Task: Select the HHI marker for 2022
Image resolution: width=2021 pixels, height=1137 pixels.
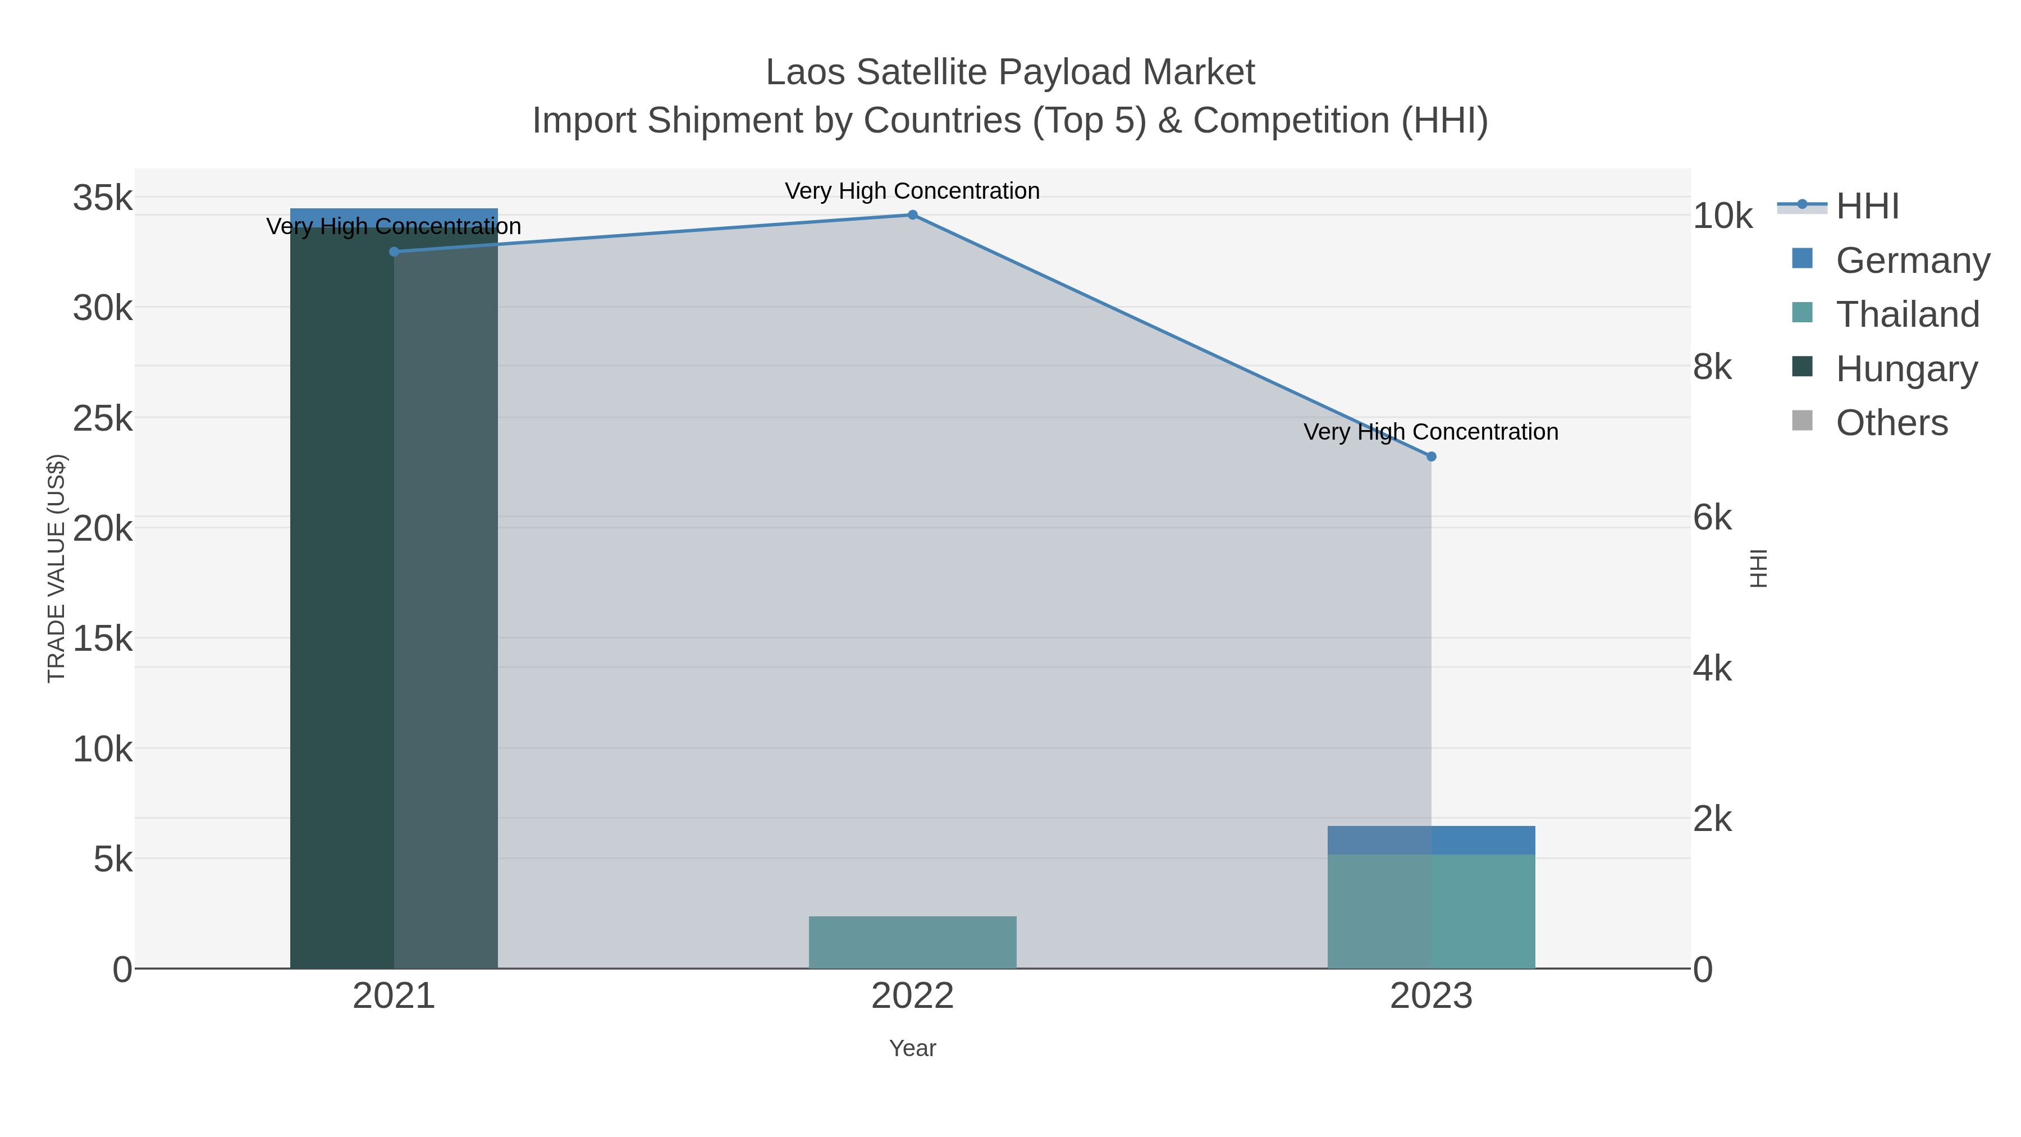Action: (x=912, y=215)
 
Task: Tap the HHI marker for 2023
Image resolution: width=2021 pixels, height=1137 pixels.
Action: (x=1431, y=456)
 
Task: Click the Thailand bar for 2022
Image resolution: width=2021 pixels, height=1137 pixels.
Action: (x=912, y=942)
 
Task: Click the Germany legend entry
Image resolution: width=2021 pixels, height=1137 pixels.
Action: (x=1912, y=261)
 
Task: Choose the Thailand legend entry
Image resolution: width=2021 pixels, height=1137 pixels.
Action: (x=1907, y=314)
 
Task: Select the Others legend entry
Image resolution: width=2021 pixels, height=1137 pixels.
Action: (x=1891, y=423)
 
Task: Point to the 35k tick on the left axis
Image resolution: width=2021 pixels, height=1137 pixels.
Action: (x=103, y=198)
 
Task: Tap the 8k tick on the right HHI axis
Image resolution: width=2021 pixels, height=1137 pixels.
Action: (x=1713, y=367)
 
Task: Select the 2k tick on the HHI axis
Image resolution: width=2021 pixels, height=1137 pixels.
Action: (x=1713, y=819)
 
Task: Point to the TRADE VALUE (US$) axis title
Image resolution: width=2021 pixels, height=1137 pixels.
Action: (x=57, y=568)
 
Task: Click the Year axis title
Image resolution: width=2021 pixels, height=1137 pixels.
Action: (x=912, y=1048)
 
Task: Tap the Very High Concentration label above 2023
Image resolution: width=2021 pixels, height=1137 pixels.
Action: (x=1431, y=432)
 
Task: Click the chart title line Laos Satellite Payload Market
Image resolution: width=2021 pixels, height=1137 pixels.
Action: (x=1010, y=72)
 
